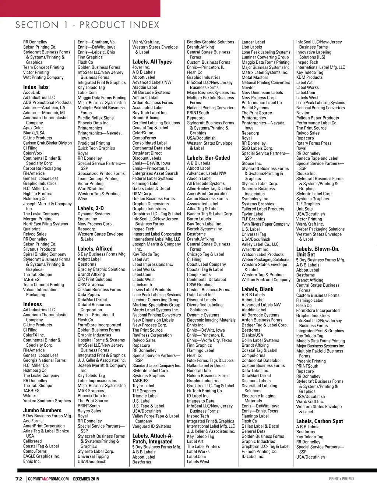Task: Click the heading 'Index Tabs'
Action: [36, 87]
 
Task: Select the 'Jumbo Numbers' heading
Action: [42, 410]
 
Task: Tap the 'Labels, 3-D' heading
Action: [91, 208]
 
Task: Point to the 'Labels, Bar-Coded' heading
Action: [208, 158]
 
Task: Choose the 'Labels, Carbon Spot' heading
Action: [320, 421]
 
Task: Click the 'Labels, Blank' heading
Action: [257, 289]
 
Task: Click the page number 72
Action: [19, 479]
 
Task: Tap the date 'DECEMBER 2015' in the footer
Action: [86, 479]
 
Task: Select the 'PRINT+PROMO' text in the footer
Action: [341, 479]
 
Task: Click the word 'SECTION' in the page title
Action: [37, 25]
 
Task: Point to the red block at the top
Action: [80, 8]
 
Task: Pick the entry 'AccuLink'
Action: [32, 92]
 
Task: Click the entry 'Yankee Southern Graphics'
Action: [47, 401]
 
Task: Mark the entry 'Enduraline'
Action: [87, 219]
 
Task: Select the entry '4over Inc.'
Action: [141, 67]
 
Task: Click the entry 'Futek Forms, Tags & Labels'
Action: [210, 360]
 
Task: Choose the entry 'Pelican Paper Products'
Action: [317, 118]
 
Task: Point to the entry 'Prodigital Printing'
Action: [94, 143]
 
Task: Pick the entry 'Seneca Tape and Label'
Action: [317, 158]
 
